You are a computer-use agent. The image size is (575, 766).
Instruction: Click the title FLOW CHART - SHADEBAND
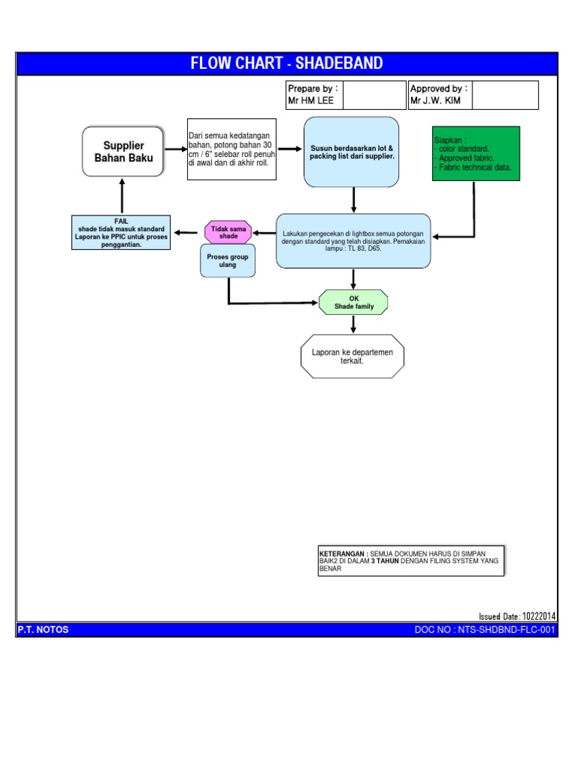(x=287, y=64)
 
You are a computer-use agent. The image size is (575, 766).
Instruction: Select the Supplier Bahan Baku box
(x=123, y=152)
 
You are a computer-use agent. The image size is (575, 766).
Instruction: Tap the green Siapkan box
(x=475, y=153)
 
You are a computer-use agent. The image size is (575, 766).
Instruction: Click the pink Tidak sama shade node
(x=228, y=232)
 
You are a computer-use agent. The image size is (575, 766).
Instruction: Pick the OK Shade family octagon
(x=353, y=302)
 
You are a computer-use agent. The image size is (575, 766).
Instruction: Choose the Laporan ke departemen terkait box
(x=352, y=356)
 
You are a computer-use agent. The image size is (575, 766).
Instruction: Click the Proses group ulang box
(x=228, y=260)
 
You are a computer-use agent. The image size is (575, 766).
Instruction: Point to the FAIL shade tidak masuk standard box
(x=120, y=233)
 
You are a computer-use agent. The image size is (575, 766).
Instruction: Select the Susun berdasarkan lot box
(x=352, y=153)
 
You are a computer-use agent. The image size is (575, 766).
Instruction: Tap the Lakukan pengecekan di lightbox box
(x=353, y=241)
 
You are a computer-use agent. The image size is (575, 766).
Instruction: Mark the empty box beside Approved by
(x=505, y=95)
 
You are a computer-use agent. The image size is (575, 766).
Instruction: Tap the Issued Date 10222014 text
(x=517, y=616)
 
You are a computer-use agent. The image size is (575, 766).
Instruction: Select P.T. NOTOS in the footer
(x=43, y=630)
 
